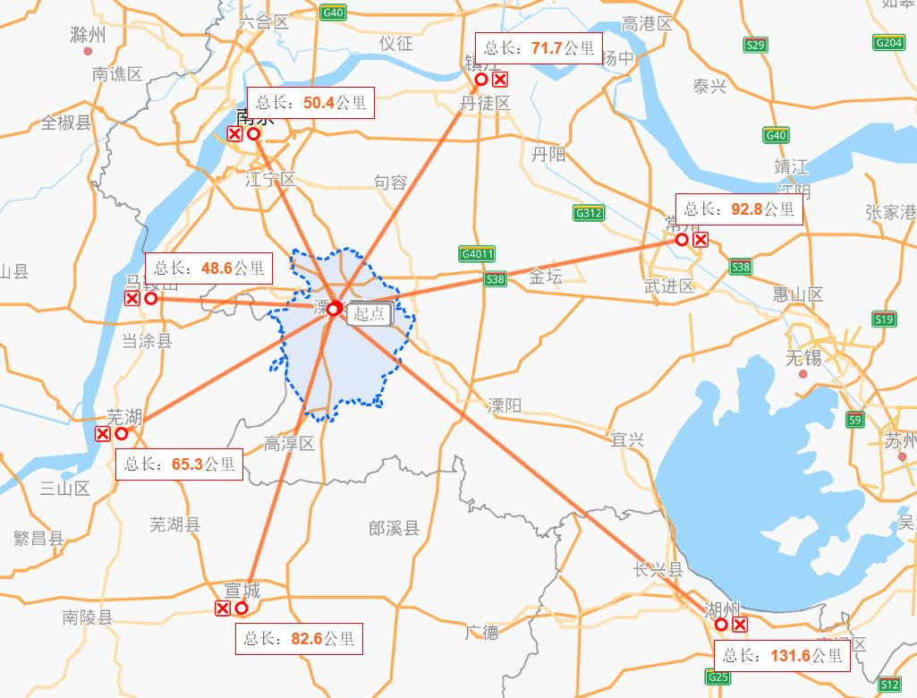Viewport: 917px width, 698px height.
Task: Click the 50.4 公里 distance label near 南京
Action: (310, 103)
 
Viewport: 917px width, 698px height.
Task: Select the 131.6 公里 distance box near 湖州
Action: (782, 656)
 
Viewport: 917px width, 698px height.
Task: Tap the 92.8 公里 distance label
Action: (739, 209)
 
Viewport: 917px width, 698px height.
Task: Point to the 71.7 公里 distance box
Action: (539, 48)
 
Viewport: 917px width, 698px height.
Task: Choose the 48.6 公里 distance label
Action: (208, 268)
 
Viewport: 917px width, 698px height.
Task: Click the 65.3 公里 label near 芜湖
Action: (179, 464)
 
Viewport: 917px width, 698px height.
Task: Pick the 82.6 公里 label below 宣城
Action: (299, 639)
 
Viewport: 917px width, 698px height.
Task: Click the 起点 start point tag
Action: (369, 313)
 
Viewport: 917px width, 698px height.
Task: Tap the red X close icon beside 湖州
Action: (740, 625)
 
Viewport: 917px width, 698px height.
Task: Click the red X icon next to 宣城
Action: (223, 609)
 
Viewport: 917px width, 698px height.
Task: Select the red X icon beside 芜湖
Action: (103, 434)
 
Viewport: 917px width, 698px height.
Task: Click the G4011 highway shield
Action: (478, 254)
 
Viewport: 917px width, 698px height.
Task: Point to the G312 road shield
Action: (589, 214)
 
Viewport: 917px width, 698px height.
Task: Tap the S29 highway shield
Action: (756, 45)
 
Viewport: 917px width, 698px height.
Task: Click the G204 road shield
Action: (889, 42)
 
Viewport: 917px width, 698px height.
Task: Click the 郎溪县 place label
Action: (394, 528)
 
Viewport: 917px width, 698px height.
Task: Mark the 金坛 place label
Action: (546, 277)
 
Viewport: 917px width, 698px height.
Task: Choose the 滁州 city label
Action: (88, 35)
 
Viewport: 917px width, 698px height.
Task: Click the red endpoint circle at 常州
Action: (682, 240)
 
